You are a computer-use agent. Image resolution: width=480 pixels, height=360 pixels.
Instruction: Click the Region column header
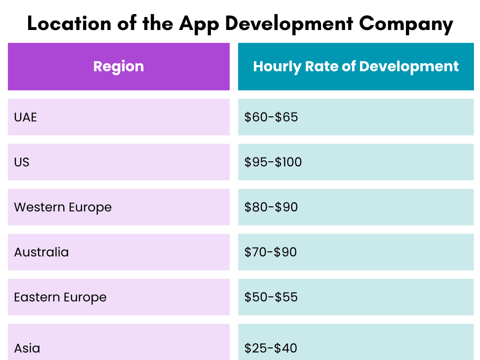[x=119, y=67]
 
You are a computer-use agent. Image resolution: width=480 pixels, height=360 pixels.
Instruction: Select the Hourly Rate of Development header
[x=356, y=67]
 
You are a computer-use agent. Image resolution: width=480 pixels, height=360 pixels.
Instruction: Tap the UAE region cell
[x=25, y=117]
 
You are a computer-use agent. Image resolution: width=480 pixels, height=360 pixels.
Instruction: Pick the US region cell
[x=22, y=162]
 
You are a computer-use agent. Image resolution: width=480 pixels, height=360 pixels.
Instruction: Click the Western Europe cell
[x=63, y=207]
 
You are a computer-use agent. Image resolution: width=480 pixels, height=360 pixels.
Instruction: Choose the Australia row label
[x=41, y=252]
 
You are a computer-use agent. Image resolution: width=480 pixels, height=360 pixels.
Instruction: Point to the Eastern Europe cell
[x=60, y=297]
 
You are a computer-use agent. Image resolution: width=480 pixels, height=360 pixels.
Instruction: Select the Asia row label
[x=27, y=348]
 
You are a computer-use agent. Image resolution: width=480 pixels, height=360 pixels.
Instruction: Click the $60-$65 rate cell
[x=271, y=117]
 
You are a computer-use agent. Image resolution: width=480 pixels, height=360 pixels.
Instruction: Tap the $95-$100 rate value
[x=273, y=162]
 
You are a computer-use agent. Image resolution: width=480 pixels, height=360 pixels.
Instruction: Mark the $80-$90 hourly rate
[x=271, y=207]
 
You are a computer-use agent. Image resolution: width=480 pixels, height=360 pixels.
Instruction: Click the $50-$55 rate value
[x=271, y=297]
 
